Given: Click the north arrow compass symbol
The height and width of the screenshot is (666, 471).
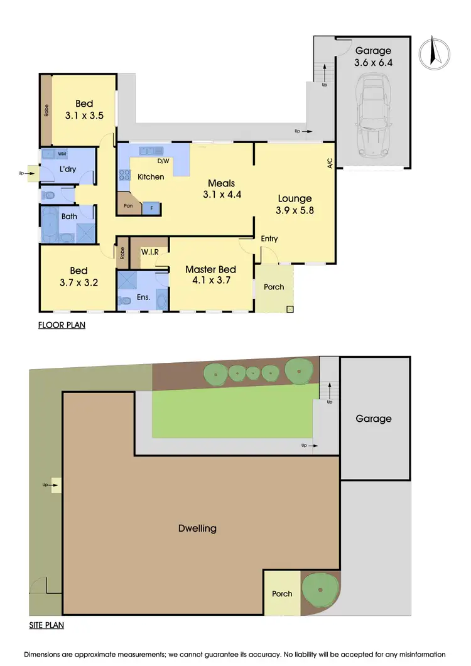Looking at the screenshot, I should point(432,53).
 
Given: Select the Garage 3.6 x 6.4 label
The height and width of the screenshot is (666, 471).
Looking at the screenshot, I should point(373,56).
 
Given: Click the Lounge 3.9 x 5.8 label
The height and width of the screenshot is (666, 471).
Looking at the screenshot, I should point(295,205).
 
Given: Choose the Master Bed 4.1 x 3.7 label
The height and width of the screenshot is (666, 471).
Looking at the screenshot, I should point(210,275).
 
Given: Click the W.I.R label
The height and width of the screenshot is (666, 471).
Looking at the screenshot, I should point(149,252).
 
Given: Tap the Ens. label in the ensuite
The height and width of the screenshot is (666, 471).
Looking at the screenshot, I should point(143,297).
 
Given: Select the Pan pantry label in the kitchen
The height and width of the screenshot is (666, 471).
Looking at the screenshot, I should point(128,205).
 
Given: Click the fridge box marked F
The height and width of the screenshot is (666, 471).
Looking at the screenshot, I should point(151,208).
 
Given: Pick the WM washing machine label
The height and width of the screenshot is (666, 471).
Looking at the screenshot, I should point(62,153).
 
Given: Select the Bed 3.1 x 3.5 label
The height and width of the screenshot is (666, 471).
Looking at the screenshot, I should point(84,110).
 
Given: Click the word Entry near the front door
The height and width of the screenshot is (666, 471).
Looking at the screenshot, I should point(269,239).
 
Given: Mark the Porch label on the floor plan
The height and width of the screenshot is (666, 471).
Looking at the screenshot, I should point(273,287).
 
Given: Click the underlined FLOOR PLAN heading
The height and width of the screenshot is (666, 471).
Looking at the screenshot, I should point(62,325).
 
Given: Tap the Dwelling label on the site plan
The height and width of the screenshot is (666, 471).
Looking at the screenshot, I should point(197,528).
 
